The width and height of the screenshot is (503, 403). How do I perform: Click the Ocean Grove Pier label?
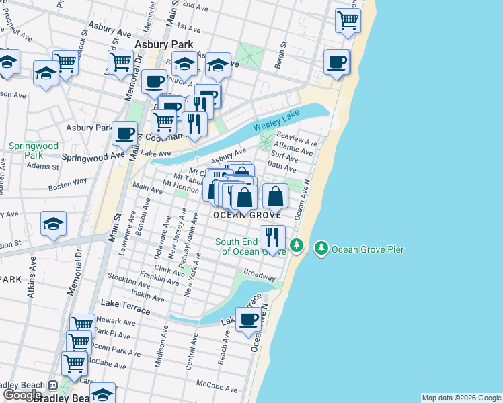[x=367, y=249]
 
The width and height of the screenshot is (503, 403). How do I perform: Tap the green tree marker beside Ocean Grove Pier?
[x=322, y=249]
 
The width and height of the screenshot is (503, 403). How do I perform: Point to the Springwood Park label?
[x=34, y=150]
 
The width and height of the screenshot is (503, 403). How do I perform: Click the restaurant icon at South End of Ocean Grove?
[x=272, y=238]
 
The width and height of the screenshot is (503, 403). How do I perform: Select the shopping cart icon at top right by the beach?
[x=348, y=20]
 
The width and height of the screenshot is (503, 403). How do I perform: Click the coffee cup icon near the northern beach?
[x=336, y=62]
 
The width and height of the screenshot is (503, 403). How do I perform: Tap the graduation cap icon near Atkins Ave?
[x=53, y=223]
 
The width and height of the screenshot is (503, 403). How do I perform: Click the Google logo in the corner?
[x=22, y=394]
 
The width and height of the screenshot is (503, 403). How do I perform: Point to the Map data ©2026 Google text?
[x=461, y=398]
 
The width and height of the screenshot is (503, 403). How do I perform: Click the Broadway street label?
[x=260, y=275]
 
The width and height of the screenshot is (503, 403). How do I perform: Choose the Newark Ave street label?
[x=114, y=322]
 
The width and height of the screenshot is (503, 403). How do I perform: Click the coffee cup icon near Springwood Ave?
[x=124, y=132]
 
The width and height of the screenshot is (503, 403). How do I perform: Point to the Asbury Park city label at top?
[x=159, y=44]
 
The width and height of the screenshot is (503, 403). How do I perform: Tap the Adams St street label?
[x=44, y=165]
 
